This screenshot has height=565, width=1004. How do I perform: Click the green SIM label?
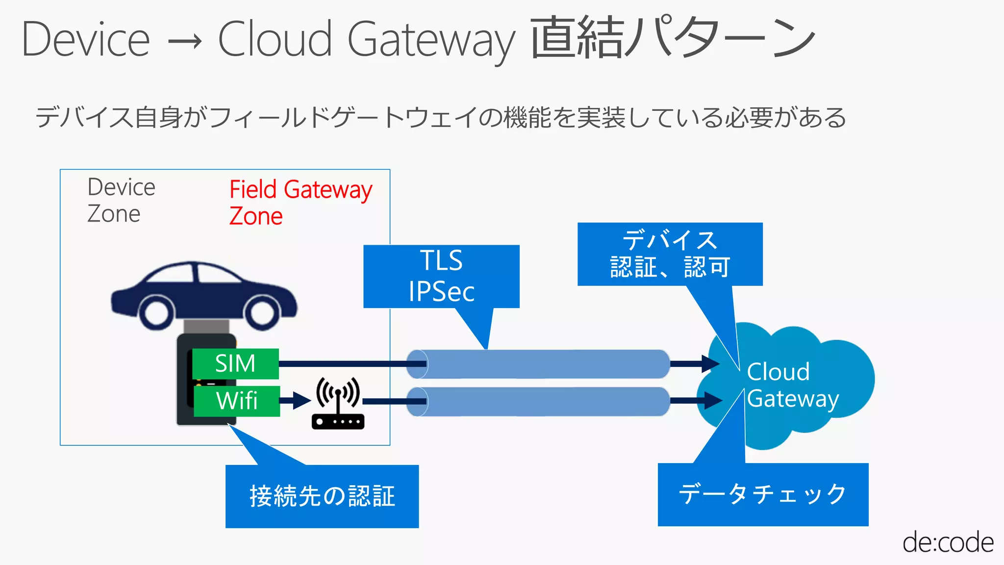coord(235,363)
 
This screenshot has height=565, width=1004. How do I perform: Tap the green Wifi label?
coord(237,401)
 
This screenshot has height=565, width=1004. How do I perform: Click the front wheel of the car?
coord(262,312)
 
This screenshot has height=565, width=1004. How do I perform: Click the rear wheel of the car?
coord(156,312)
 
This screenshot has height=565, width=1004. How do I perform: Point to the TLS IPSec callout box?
coord(441,276)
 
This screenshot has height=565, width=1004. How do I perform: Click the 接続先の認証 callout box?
coord(322,496)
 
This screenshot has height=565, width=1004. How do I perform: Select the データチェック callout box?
coord(763,494)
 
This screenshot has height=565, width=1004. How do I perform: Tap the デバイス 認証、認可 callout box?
coord(670,254)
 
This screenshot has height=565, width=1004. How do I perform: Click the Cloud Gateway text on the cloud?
coord(792,385)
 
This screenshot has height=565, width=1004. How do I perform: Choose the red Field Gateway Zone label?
coord(300,202)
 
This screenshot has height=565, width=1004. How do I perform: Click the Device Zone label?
coord(121,200)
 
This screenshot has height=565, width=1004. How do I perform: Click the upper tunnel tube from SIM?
coord(539,364)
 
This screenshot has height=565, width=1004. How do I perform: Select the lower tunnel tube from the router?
coord(539,401)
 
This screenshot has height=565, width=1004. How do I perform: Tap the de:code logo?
coord(948,542)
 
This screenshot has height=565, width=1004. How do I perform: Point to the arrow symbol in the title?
coord(184,41)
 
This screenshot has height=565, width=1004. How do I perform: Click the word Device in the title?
coord(86,39)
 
